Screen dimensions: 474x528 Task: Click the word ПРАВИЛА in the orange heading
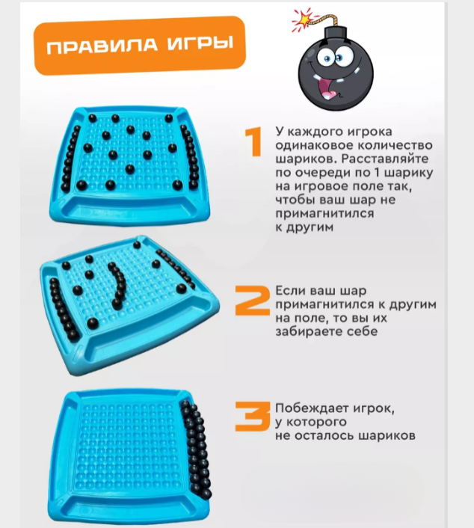pyautogui.click(x=102, y=46)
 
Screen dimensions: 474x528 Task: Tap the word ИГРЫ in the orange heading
pyautogui.click(x=200, y=43)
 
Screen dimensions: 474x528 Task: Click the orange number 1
pyautogui.click(x=254, y=142)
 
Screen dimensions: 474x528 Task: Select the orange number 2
pyautogui.click(x=252, y=301)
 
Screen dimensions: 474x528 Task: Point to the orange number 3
pyautogui.click(x=253, y=417)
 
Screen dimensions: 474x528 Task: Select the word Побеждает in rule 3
pyautogui.click(x=312, y=408)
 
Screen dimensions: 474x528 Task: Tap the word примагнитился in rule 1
pyautogui.click(x=324, y=213)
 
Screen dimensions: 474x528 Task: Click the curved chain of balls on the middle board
pyautogui.click(x=117, y=285)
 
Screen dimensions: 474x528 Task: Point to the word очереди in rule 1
pyautogui.click(x=323, y=173)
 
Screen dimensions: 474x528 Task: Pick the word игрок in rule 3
pyautogui.click(x=374, y=408)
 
